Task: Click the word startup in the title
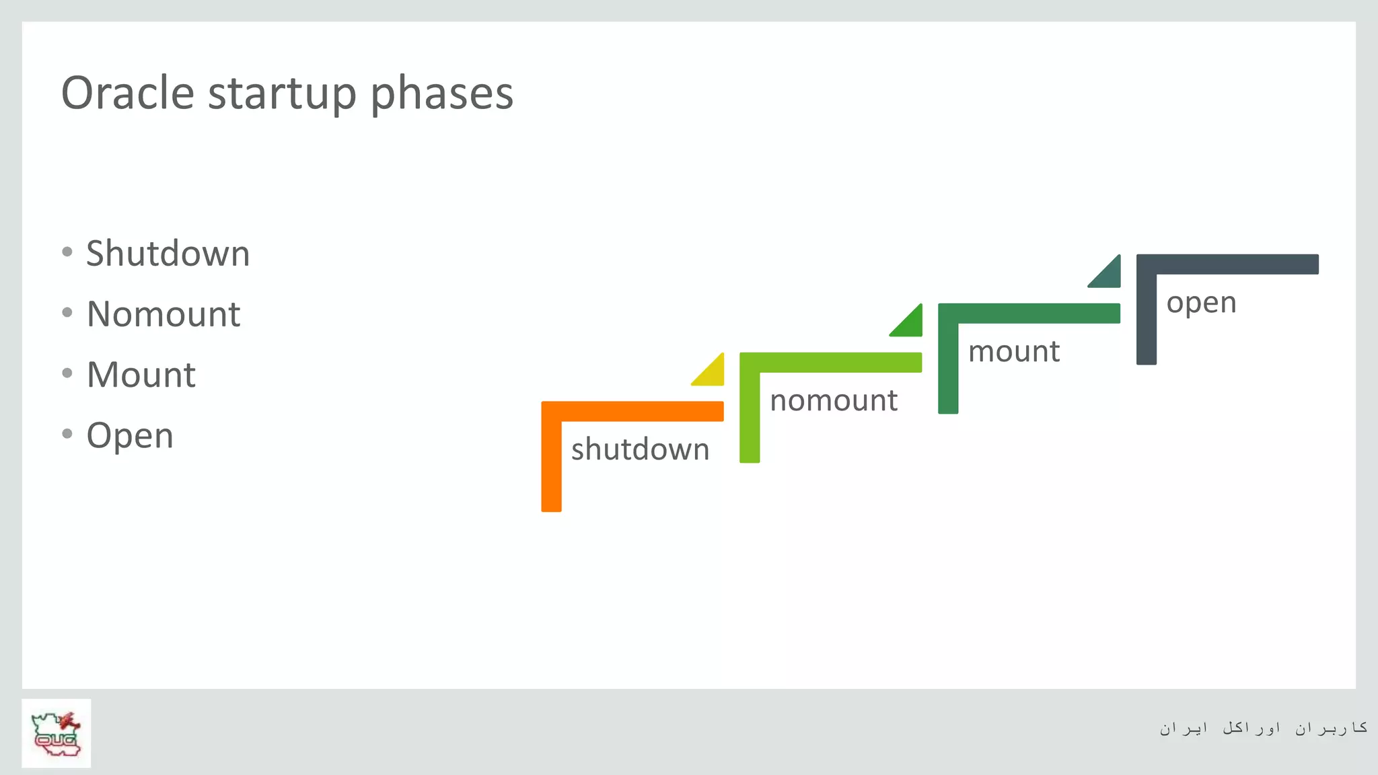[282, 94]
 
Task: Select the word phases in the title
[441, 94]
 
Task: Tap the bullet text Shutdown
[168, 254]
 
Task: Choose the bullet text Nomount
[164, 314]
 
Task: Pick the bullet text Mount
[141, 375]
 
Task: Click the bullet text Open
[130, 436]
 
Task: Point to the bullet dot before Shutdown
[67, 252]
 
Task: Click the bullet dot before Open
[67, 434]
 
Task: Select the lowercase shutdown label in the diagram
[640, 449]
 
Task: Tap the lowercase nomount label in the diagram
[833, 400]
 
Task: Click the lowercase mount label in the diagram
[1013, 351]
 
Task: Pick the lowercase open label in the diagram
[1201, 303]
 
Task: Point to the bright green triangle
[910, 324]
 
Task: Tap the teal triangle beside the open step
[1109, 275]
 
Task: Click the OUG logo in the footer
[57, 733]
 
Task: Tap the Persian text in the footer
[1262, 728]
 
